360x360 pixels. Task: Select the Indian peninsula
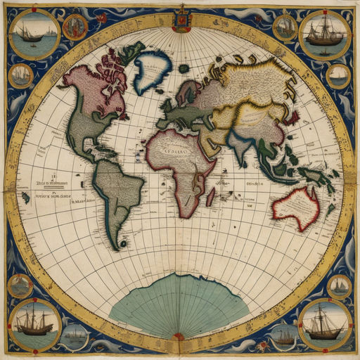(x=242, y=148)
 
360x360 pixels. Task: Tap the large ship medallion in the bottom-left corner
(x=34, y=323)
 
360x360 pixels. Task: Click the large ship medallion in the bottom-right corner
(x=325, y=323)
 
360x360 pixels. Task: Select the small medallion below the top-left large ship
(x=21, y=75)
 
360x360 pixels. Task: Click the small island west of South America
(x=25, y=198)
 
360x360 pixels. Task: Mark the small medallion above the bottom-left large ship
(x=20, y=285)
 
